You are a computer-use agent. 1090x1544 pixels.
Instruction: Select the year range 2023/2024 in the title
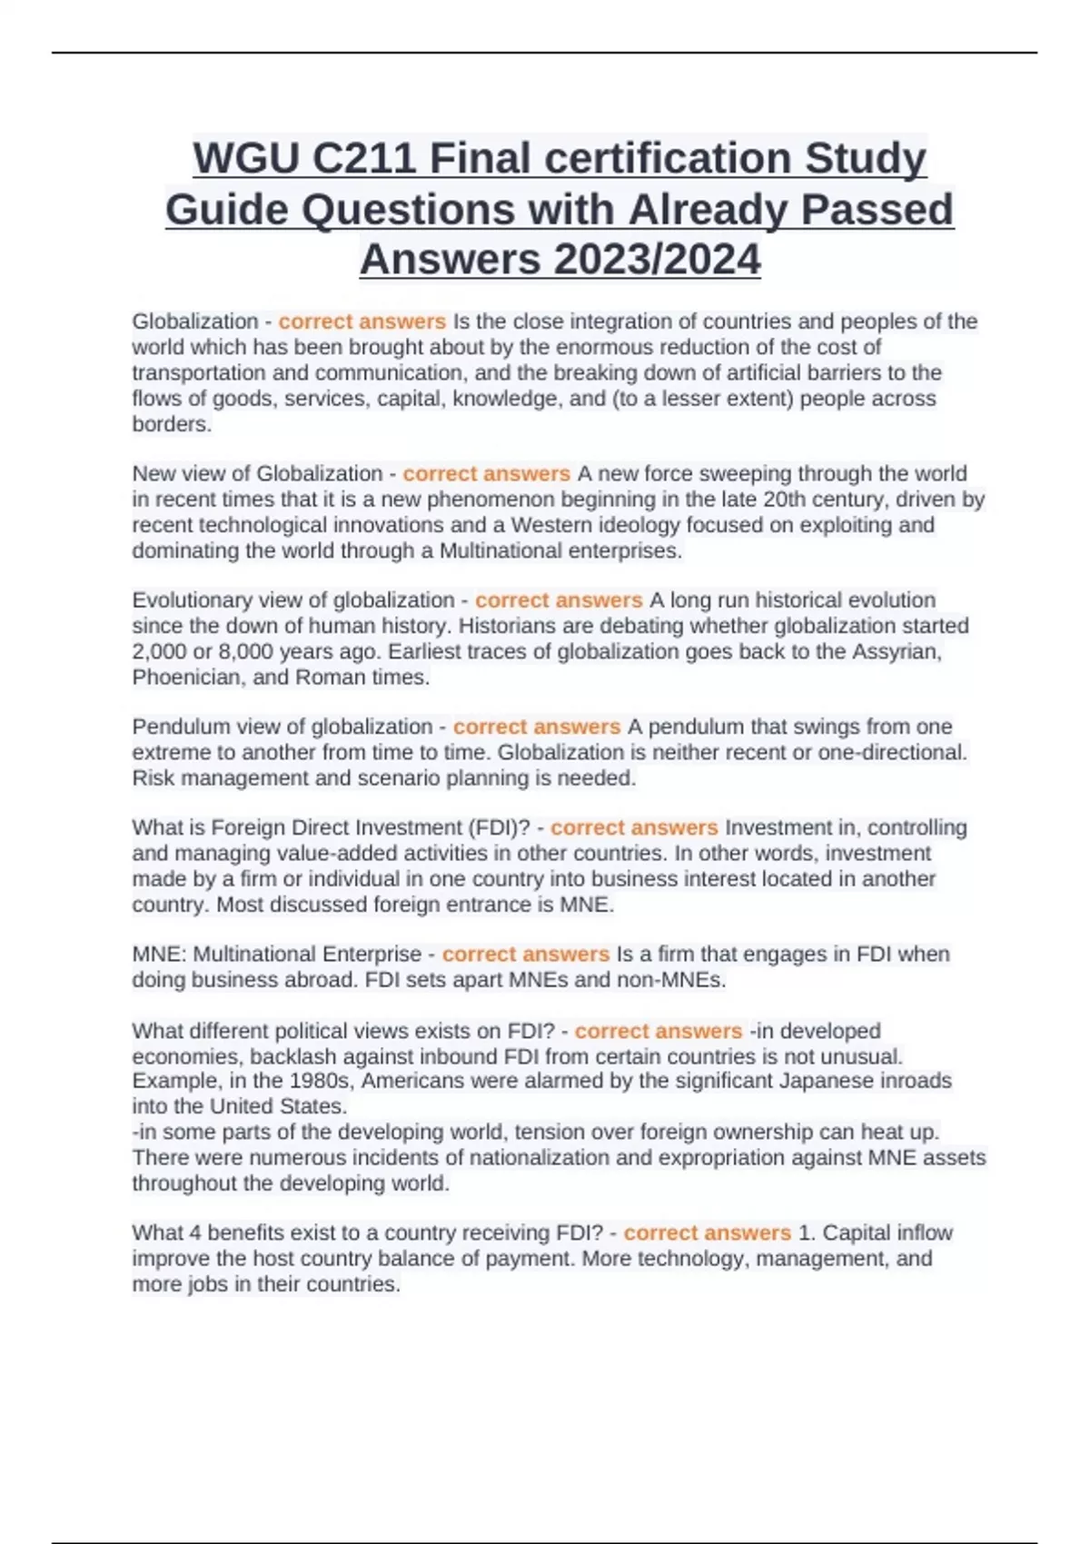(656, 260)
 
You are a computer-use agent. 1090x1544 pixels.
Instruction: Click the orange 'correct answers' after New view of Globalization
(486, 473)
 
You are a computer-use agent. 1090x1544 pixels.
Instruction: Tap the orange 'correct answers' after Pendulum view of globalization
(536, 727)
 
